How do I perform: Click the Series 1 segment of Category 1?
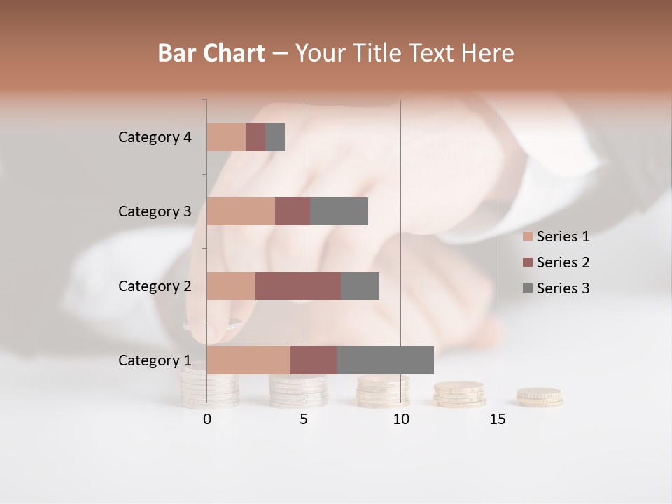248,360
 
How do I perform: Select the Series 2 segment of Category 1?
314,360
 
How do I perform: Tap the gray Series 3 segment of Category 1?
385,360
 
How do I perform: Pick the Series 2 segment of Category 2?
298,286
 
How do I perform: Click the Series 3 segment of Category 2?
360,286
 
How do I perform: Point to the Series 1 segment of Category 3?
241,211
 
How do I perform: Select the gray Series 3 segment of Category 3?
339,211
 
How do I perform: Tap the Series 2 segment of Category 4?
255,137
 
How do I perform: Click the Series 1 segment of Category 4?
226,137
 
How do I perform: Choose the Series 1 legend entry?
556,237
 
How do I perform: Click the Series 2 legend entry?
556,262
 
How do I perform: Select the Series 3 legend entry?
556,288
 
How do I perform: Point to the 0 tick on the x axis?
207,419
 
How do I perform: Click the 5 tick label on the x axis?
304,419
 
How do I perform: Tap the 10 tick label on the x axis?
400,419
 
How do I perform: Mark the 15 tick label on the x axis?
497,419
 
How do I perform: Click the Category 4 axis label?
155,137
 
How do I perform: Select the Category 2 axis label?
155,286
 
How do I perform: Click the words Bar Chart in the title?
211,53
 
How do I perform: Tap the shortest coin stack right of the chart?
540,397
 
